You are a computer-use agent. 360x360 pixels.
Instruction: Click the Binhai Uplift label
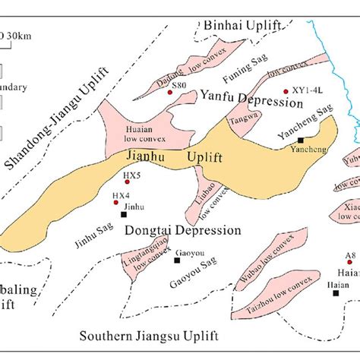pyautogui.click(x=239, y=27)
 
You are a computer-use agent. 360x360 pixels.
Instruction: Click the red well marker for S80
pyautogui.click(x=170, y=93)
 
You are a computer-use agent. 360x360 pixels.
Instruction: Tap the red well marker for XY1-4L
pyautogui.click(x=286, y=90)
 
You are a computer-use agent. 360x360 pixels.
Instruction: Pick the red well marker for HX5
pyautogui.click(x=125, y=182)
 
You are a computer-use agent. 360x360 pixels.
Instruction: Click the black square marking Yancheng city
pyautogui.click(x=302, y=141)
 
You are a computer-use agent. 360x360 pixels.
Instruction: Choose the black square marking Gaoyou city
pyautogui.click(x=177, y=260)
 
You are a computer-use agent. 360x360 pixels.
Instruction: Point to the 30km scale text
pyautogui.click(x=17, y=34)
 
